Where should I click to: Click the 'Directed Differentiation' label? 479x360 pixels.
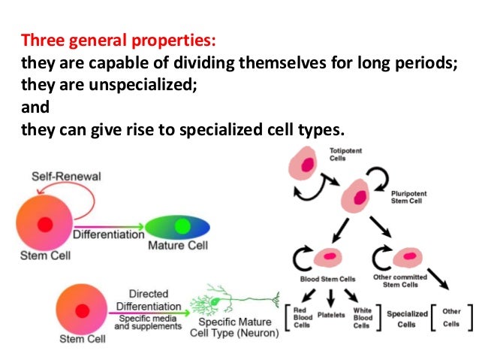pos(148,301)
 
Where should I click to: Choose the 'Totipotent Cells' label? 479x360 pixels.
pos(344,154)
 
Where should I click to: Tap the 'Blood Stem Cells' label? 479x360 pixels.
pos(327,279)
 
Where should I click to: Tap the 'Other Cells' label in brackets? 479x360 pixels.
pos(450,316)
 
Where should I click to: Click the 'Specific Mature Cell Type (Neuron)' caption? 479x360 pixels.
pos(233,328)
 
